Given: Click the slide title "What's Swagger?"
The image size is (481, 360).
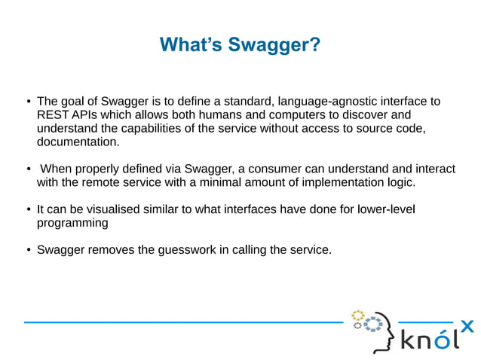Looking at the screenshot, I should click(x=240, y=45).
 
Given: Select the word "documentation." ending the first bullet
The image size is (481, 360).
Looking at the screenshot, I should click(x=78, y=142).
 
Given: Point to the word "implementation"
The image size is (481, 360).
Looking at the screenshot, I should click(x=332, y=182).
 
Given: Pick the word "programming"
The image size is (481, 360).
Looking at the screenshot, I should click(x=72, y=223).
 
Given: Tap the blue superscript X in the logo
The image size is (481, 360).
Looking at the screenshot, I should click(x=467, y=325).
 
